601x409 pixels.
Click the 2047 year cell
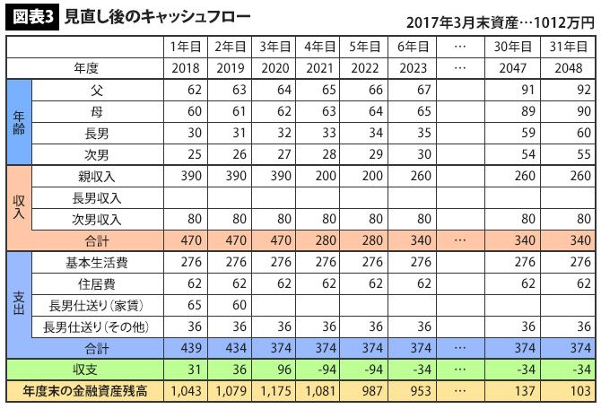pyautogui.click(x=515, y=68)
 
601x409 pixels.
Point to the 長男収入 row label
pyautogui.click(x=98, y=198)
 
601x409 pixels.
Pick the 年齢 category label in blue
pyautogui.click(x=18, y=122)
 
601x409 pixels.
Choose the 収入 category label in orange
pyautogui.click(x=18, y=208)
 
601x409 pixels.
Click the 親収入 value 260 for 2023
pyautogui.click(x=412, y=177)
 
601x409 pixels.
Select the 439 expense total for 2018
pyautogui.click(x=186, y=347)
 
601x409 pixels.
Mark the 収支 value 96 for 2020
pyautogui.click(x=275, y=370)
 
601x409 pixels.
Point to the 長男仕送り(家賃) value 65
pyautogui.click(x=186, y=304)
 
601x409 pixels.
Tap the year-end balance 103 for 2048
pyautogui.click(x=574, y=392)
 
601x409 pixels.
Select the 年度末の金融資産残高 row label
pyautogui.click(x=84, y=392)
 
